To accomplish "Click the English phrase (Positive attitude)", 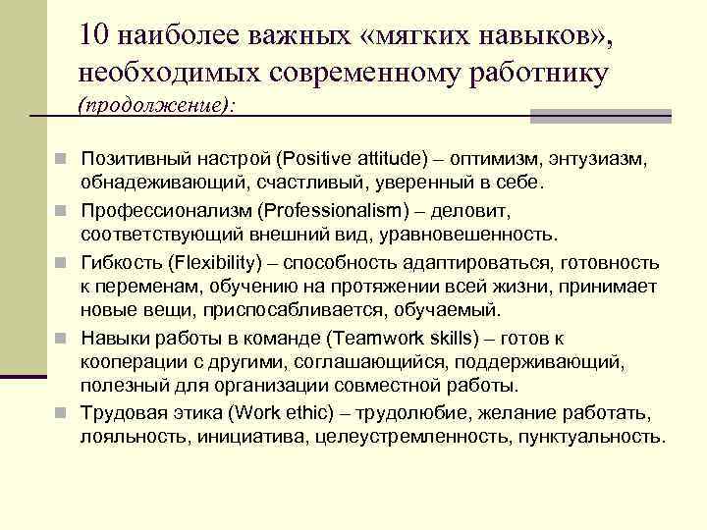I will click(353, 159).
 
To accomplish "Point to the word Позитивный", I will click(133, 159).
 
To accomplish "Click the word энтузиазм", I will click(601, 159).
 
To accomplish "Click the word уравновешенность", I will click(475, 236).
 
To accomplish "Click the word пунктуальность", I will click(592, 437).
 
